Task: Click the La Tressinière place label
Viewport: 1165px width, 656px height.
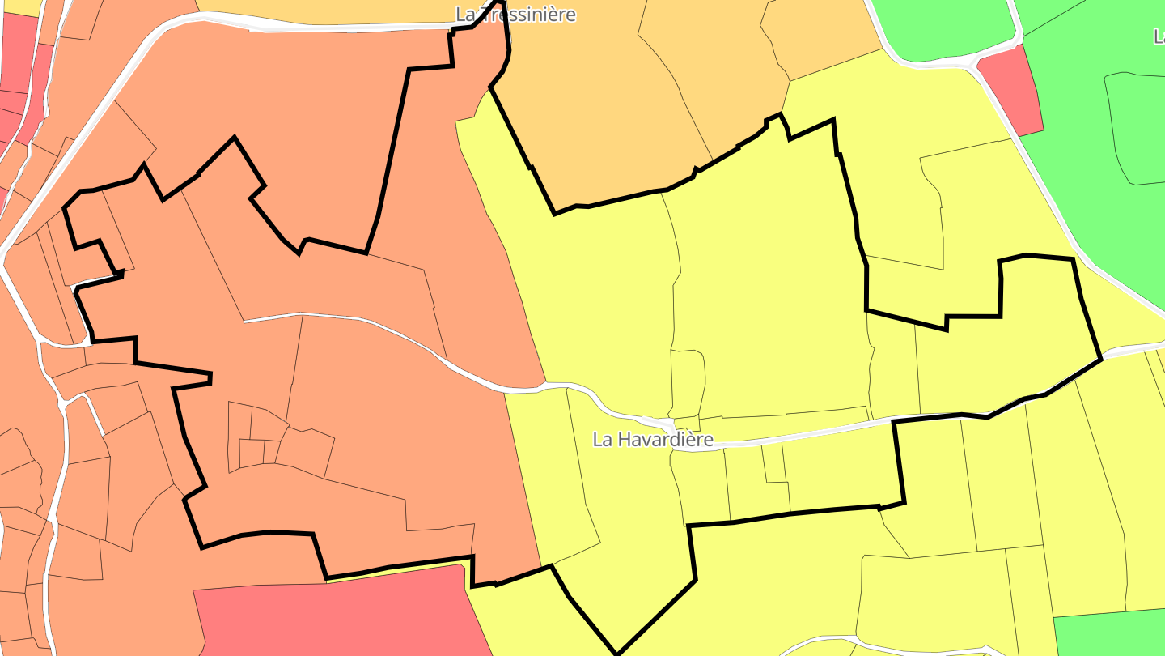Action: pos(516,15)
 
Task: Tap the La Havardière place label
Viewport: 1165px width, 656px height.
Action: pos(653,440)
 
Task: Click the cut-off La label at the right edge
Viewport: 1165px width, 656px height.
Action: pos(1159,36)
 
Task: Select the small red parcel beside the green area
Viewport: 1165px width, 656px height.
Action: pos(1011,89)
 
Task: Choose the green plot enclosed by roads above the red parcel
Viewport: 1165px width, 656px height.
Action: pos(938,28)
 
